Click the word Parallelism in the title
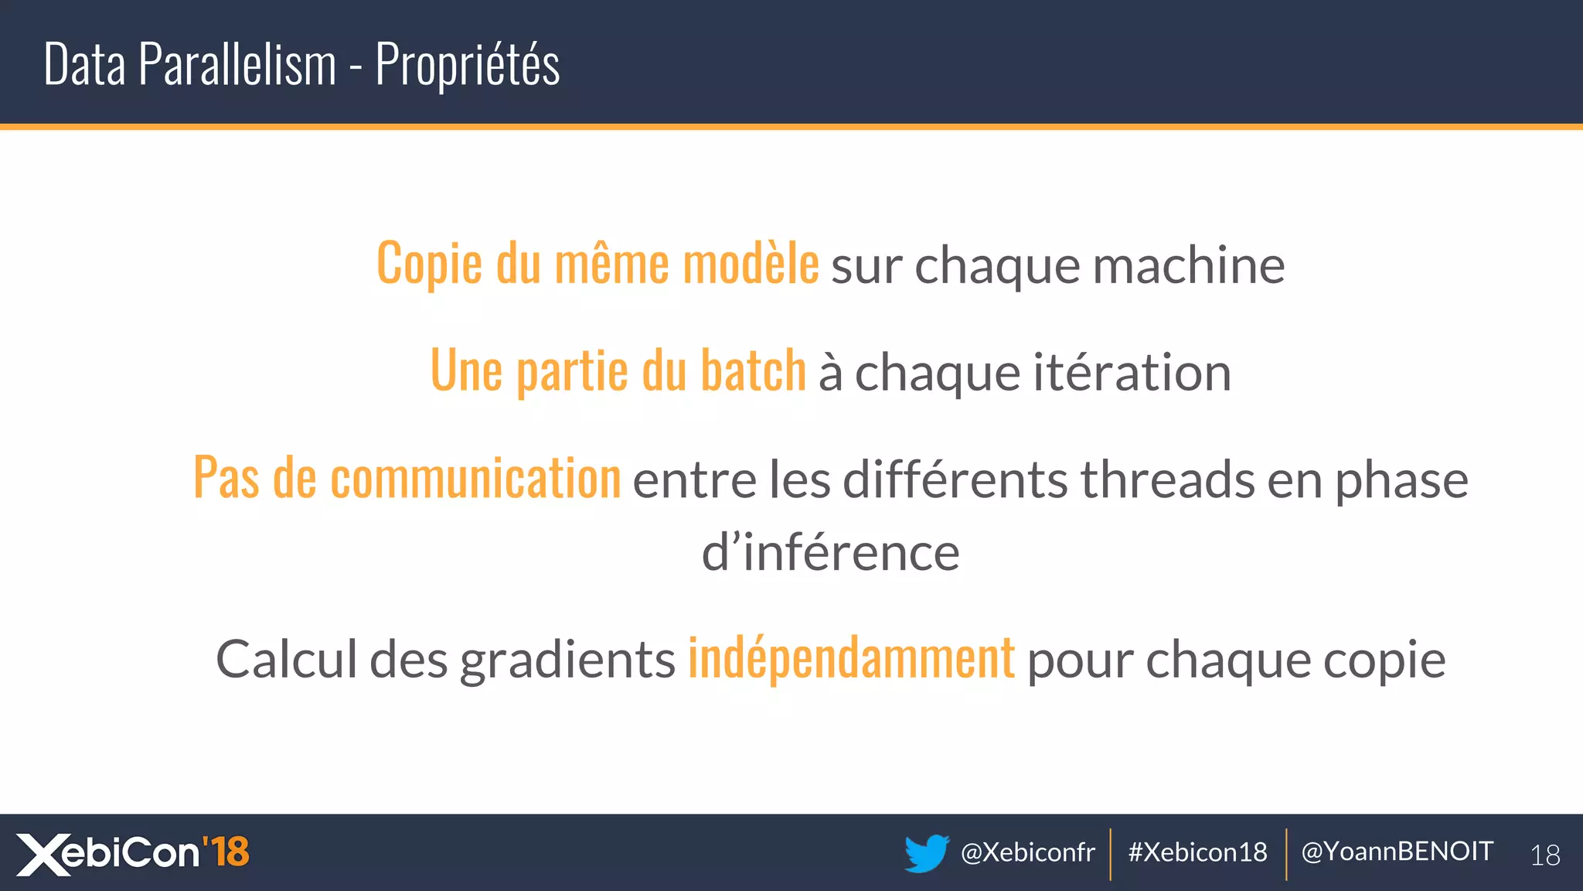[x=237, y=64]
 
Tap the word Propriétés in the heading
[x=468, y=64]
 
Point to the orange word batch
[x=753, y=371]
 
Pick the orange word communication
[x=475, y=479]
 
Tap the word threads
[x=1167, y=480]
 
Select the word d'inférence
[x=830, y=553]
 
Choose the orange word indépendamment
[x=851, y=659]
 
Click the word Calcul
[x=287, y=660]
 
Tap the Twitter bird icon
[x=926, y=852]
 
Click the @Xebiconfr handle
[x=1027, y=852]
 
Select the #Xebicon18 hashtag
[x=1197, y=852]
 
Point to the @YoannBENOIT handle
[x=1397, y=852]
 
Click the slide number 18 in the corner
[x=1545, y=855]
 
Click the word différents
[x=955, y=480]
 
